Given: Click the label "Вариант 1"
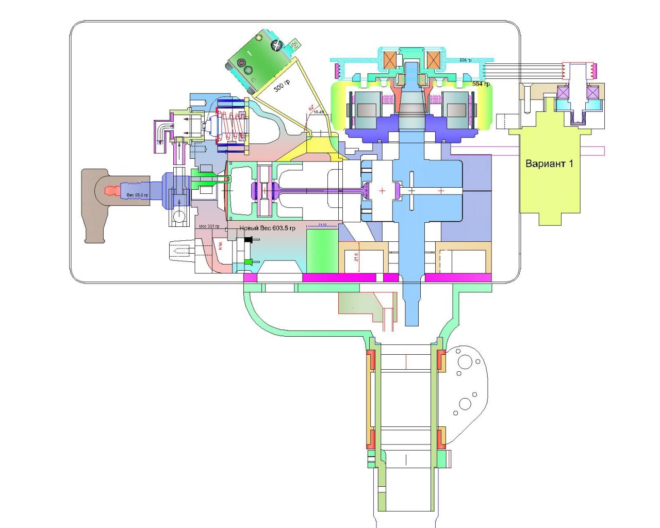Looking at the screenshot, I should [549, 164].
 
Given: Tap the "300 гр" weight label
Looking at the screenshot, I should [282, 85].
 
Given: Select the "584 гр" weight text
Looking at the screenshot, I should [481, 84].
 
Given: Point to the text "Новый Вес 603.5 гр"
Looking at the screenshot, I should [267, 228].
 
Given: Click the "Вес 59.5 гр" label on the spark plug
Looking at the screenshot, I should [137, 195].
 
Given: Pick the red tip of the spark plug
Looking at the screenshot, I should [111, 191].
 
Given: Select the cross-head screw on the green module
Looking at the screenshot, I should [277, 46].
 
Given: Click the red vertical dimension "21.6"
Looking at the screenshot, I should [356, 256].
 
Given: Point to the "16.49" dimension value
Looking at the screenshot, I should [319, 112].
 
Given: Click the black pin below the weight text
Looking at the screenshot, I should [249, 240].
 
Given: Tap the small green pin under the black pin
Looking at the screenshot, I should [250, 262].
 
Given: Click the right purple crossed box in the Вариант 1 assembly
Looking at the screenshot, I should [592, 93].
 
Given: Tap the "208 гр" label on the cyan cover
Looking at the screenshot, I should [465, 60].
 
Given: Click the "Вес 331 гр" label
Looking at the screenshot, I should [209, 226].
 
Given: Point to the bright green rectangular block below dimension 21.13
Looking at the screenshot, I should [322, 250].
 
